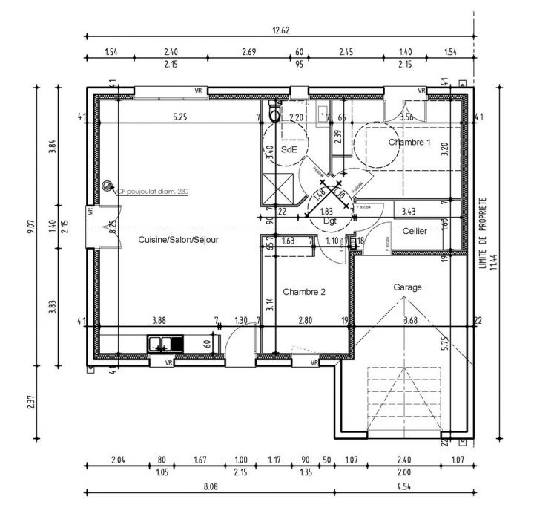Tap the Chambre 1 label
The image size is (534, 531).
pyautogui.click(x=409, y=141)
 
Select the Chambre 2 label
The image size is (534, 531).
pyautogui.click(x=304, y=292)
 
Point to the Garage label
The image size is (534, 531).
pyautogui.click(x=407, y=287)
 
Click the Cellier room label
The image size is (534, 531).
pyautogui.click(x=414, y=232)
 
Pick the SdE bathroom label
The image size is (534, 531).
pyautogui.click(x=289, y=149)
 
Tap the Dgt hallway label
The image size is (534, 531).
pyautogui.click(x=329, y=221)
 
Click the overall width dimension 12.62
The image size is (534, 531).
pyautogui.click(x=281, y=30)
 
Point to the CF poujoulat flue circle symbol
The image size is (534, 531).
pyautogui.click(x=108, y=186)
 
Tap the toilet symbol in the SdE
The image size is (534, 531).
pyautogui.click(x=274, y=114)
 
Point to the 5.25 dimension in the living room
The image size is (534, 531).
pyautogui.click(x=179, y=117)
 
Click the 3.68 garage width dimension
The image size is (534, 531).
pyautogui.click(x=410, y=321)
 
